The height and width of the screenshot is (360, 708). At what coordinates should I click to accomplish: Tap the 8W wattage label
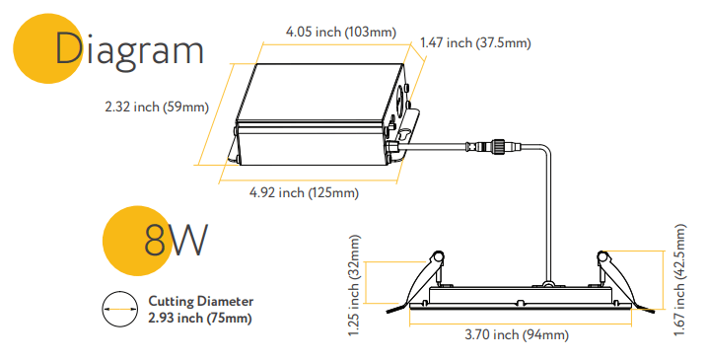coord(177,240)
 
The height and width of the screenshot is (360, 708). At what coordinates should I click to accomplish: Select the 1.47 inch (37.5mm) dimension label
coord(475,42)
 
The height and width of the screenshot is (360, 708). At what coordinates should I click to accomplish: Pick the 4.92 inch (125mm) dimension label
coord(303,192)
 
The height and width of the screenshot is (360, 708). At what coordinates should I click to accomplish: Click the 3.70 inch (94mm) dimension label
coord(516,335)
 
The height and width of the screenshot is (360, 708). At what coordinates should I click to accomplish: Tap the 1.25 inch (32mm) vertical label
coord(356,286)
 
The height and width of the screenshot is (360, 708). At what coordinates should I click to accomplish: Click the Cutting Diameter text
coord(201,302)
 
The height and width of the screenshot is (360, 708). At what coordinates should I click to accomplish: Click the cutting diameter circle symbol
coord(120,309)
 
